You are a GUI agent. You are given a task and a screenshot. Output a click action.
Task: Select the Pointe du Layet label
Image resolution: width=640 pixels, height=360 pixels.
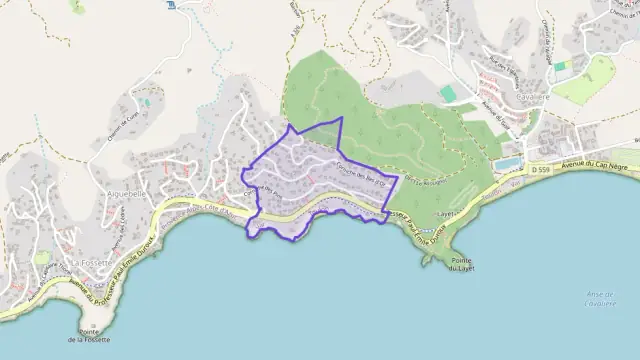(x=461, y=263)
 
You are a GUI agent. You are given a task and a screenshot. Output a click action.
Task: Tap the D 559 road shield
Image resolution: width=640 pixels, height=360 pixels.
(x=541, y=171)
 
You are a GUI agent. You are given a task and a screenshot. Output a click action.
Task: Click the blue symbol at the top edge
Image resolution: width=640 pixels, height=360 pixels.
(x=172, y=5)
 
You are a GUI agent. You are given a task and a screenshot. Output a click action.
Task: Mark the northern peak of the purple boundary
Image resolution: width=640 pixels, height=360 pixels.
(x=340, y=118)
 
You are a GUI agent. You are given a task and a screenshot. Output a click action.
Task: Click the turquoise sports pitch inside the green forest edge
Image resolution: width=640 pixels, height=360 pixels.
(x=447, y=93)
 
